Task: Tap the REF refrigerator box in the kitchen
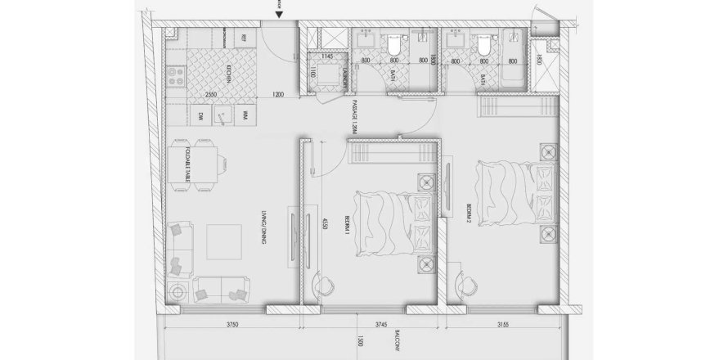tap(243, 38)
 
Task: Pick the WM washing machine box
tap(245, 117)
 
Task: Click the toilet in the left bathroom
tap(393, 44)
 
